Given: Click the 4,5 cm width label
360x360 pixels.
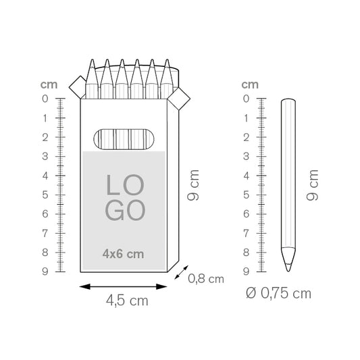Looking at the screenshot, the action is click(127, 301).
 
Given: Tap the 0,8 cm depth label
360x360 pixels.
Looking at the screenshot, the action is click(206, 279).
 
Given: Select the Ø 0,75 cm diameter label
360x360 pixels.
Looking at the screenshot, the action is click(278, 293).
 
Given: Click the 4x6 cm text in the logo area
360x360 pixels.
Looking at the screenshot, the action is click(123, 254).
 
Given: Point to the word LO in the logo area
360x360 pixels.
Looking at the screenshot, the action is click(125, 185).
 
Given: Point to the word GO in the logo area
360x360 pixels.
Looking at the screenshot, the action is click(125, 210).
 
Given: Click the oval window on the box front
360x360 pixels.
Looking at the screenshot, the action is click(124, 139).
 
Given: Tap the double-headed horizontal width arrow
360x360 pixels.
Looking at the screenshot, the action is click(123, 286).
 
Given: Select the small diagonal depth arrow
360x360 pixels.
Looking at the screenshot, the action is click(181, 272).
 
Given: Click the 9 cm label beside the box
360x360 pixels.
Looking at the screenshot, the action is click(193, 185).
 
